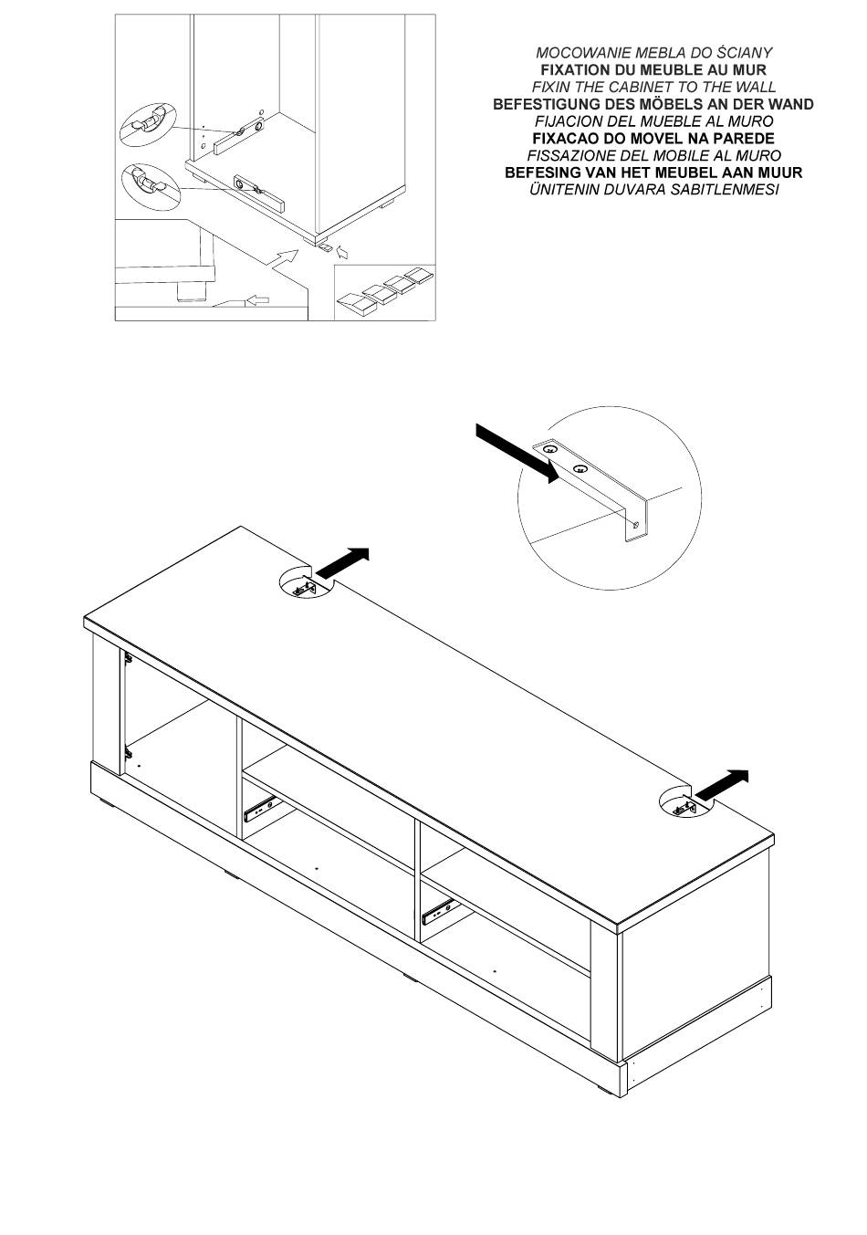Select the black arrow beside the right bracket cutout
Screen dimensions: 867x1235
[722, 783]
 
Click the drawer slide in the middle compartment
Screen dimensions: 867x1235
[260, 808]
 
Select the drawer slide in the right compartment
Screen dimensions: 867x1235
[439, 913]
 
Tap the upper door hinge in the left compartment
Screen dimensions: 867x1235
[128, 657]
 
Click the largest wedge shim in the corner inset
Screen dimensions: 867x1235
[356, 304]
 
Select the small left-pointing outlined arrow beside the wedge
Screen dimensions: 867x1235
[258, 300]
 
